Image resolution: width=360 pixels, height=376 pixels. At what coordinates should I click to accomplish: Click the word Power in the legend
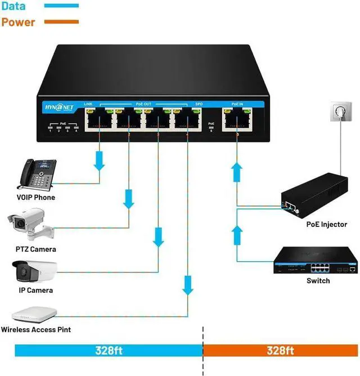[17, 23]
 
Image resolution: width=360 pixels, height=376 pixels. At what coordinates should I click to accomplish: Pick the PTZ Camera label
[35, 249]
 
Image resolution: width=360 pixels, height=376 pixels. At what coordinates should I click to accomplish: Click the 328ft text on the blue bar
[108, 351]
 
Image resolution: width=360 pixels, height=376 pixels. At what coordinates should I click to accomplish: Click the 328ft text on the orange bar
[280, 351]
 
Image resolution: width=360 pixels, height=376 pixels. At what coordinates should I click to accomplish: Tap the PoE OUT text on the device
[143, 104]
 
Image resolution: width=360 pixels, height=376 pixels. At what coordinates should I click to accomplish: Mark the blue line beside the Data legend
[57, 7]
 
